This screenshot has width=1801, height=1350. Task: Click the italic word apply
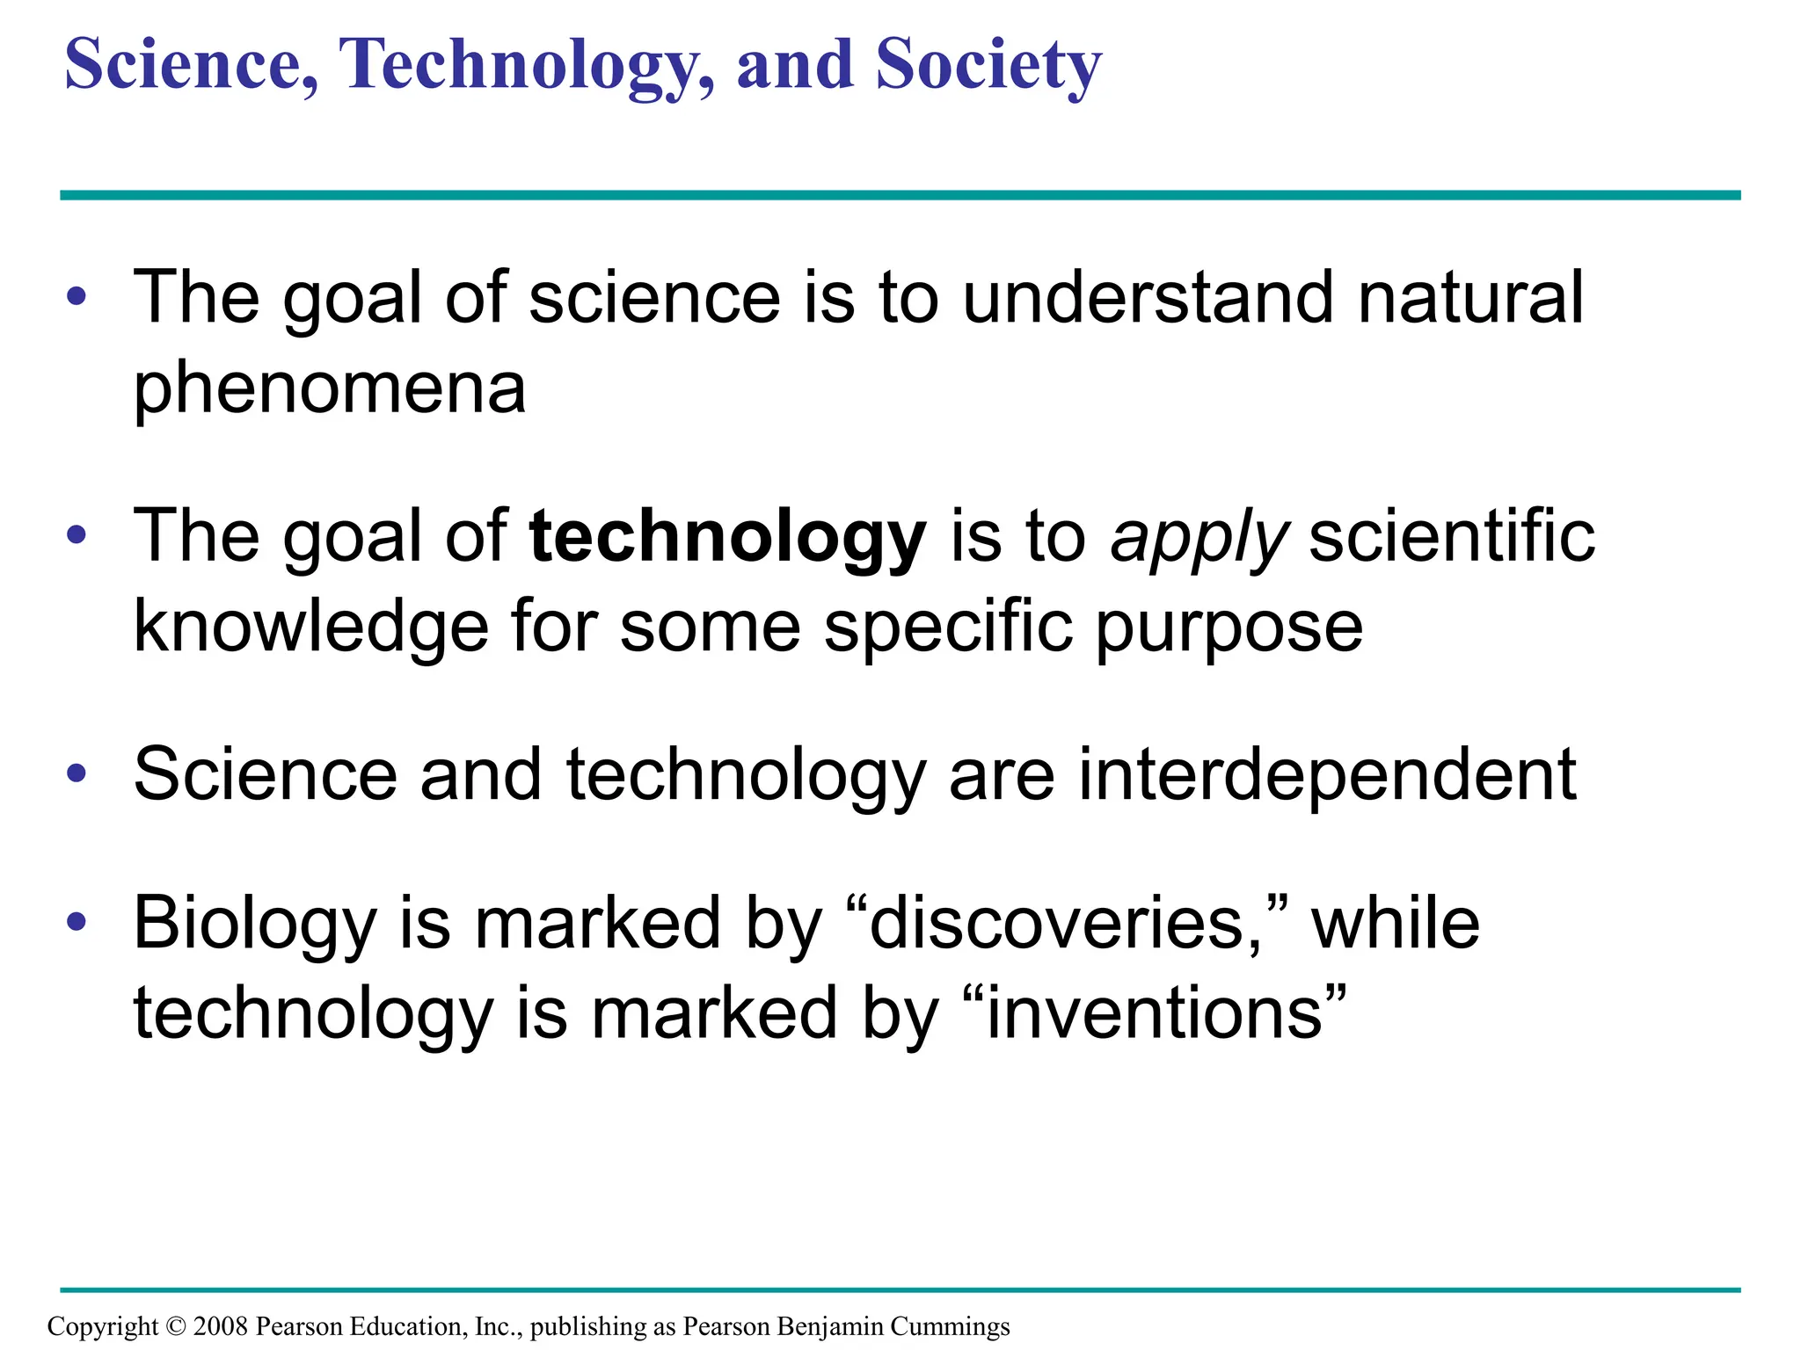tap(1199, 538)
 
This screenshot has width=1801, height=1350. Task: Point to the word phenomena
tap(330, 389)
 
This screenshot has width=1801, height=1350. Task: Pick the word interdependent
tap(1327, 774)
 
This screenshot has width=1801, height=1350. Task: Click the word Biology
tap(254, 925)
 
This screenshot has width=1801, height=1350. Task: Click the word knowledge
tap(310, 628)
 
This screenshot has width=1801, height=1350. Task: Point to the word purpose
tap(1229, 629)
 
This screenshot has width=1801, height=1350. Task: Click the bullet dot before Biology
tap(77, 922)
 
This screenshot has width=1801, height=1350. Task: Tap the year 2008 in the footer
tap(221, 1326)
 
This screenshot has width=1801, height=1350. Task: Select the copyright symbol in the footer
tap(176, 1326)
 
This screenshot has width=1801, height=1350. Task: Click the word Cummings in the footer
tap(950, 1326)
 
